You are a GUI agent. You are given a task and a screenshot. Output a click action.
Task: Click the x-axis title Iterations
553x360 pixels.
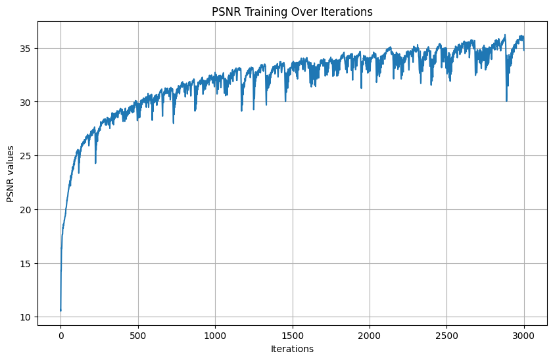coord(292,349)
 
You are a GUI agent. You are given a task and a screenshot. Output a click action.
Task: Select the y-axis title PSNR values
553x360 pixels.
coord(11,173)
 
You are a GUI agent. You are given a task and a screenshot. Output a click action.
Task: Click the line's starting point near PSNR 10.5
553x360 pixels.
coord(60,310)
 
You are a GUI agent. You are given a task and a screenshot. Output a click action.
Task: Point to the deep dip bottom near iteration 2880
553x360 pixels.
coord(506,101)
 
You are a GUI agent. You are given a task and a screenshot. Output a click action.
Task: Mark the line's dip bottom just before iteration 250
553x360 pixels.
coord(95,163)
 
